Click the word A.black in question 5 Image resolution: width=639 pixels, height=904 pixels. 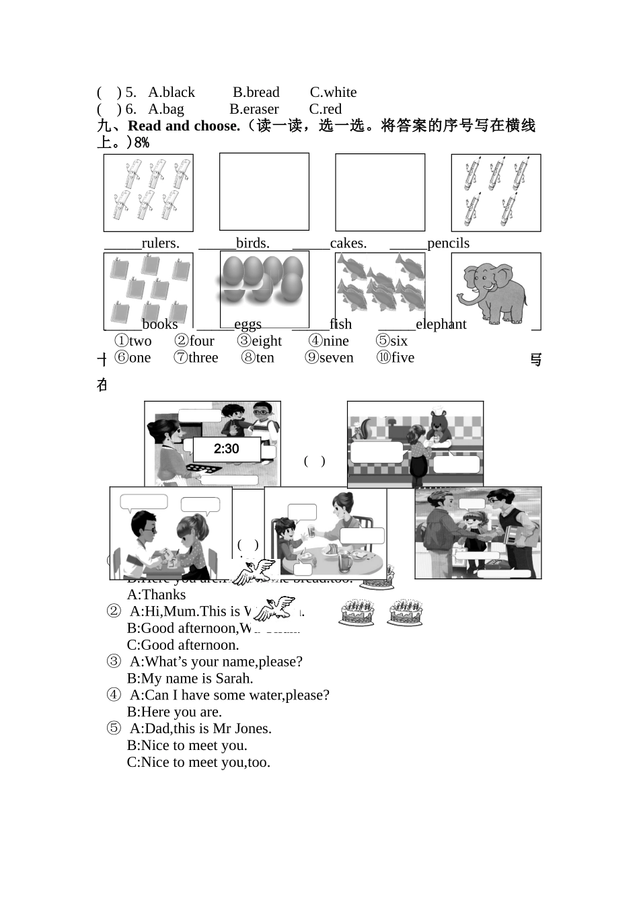coord(171,92)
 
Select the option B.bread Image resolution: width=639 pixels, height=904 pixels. coord(256,92)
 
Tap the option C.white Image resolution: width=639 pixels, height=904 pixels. coord(333,92)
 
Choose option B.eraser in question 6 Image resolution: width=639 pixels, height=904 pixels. coord(254,109)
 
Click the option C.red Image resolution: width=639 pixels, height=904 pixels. coord(325,109)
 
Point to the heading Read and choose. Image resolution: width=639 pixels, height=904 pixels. coord(184,126)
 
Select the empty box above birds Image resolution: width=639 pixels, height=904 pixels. coord(264,192)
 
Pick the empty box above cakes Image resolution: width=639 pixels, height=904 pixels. coord(380,192)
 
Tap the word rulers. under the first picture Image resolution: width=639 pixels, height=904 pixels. coord(160,243)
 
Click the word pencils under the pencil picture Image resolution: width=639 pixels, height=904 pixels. coord(448,243)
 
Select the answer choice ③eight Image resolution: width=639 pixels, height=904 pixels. coord(260,341)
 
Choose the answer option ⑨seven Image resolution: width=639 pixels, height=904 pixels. coord(329,358)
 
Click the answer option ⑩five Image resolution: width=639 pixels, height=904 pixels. coord(396,358)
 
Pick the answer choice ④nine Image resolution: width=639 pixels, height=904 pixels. coord(329,341)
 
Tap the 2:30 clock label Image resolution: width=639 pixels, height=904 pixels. coord(227,449)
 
